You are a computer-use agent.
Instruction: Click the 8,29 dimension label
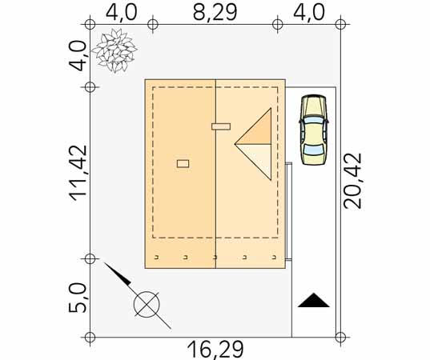[x=215, y=12]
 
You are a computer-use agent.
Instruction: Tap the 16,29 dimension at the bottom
[x=215, y=350]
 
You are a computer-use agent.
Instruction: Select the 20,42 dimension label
[x=353, y=181]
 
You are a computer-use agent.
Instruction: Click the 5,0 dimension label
[x=78, y=298]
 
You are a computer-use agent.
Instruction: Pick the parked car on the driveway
[x=314, y=130]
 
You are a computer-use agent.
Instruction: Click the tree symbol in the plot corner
[x=114, y=50]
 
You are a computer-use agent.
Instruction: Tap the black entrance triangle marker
[x=313, y=300]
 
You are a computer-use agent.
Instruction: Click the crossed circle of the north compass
[x=147, y=304]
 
